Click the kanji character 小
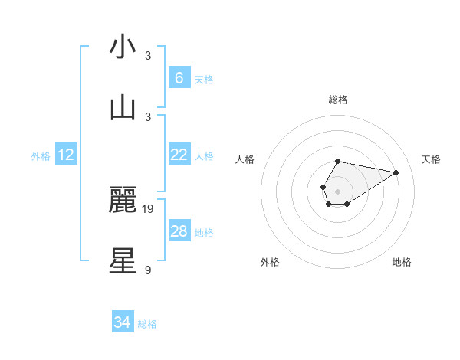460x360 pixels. coord(123,47)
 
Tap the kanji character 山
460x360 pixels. coord(123,107)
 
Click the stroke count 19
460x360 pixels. coord(148,208)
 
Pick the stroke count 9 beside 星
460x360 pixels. coord(148,269)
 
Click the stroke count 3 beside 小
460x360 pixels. coord(148,56)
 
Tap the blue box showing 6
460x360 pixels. coord(179,78)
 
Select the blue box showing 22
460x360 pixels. coord(179,155)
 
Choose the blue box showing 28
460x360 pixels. coord(179,231)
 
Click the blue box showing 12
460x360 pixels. coord(66,155)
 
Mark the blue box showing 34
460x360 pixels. coord(122,322)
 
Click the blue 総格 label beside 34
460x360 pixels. coord(147,324)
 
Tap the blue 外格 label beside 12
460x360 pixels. coord(41,156)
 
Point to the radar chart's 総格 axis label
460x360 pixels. coord(337,100)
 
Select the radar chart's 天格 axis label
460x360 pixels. coord(432,159)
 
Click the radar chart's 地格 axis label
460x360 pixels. coord(402,262)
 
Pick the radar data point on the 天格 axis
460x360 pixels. coord(396,172)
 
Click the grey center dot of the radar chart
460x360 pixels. coord(337,190)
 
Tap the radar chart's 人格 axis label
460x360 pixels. coord(245,159)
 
